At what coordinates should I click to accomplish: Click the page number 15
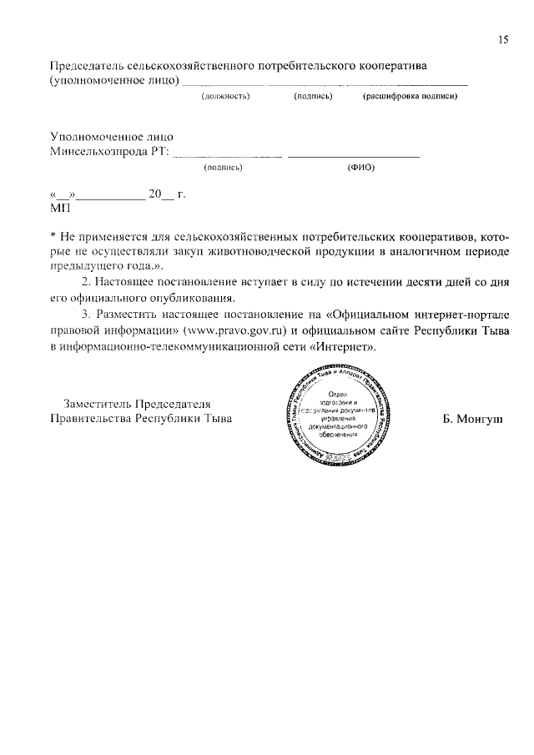point(502,39)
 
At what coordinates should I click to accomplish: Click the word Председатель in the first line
point(88,65)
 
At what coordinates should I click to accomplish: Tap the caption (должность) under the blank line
point(226,97)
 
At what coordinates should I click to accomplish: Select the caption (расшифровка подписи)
point(409,97)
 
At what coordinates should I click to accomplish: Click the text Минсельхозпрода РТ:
point(109,152)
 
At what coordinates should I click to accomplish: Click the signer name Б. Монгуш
point(472,419)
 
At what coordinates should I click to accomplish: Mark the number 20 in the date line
point(155,194)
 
